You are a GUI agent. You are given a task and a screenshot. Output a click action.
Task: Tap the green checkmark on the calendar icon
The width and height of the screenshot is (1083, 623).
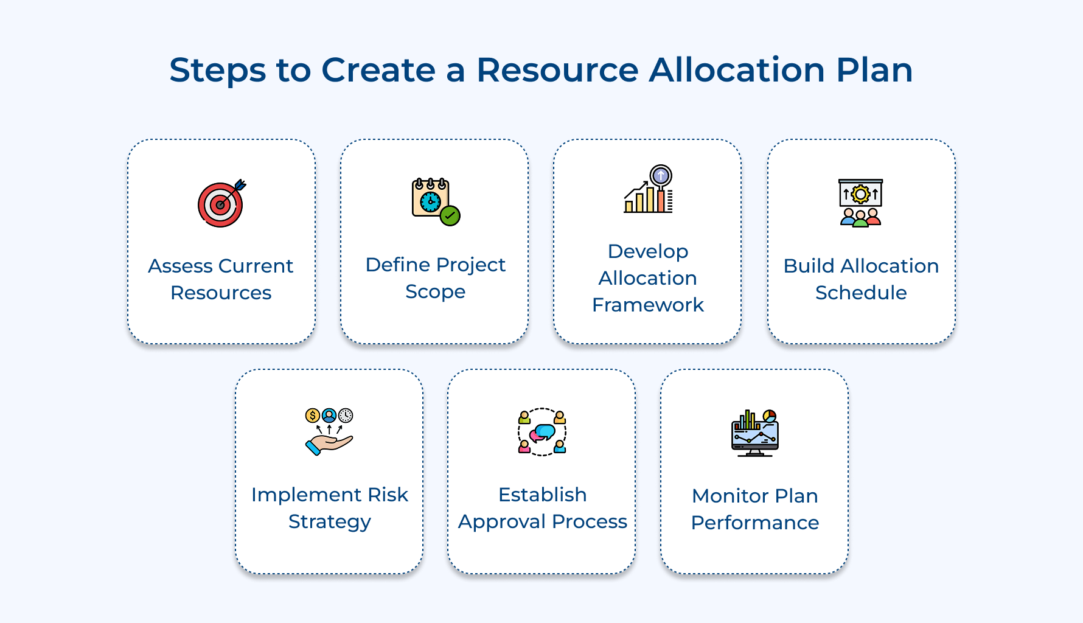click(450, 215)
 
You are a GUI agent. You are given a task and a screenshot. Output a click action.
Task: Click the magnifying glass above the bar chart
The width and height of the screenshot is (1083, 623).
click(661, 176)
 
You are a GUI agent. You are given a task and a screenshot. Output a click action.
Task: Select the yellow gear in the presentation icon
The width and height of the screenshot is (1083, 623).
click(860, 195)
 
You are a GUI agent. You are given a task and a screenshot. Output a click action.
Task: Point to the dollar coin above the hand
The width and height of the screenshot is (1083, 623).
click(312, 416)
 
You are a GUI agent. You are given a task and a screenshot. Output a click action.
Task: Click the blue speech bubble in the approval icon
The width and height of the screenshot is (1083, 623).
click(545, 431)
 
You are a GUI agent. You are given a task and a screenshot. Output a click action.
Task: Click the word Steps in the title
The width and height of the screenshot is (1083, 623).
click(217, 70)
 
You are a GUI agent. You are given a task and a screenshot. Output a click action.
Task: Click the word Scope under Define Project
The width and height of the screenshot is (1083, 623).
click(435, 291)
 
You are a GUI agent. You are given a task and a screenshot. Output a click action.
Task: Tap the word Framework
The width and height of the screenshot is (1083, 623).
click(648, 305)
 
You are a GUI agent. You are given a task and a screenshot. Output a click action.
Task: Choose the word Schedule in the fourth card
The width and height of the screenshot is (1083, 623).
click(861, 293)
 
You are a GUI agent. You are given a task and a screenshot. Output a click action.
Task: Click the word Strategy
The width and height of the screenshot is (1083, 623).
click(329, 522)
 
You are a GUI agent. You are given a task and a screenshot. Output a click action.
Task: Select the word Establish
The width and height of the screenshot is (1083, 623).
click(542, 495)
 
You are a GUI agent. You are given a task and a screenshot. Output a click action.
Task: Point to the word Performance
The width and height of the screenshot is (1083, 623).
click(754, 523)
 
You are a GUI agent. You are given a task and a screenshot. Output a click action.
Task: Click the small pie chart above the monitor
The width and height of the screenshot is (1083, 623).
click(770, 416)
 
